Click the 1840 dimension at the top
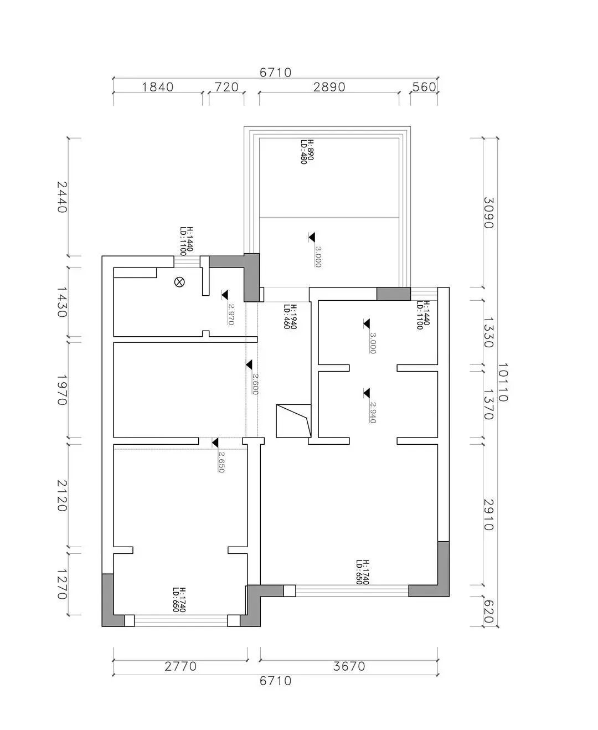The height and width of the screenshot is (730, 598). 158,87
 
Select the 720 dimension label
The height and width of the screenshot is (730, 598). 226,87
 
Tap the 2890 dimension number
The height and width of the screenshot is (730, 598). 329,87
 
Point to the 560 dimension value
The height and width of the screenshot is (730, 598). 424,87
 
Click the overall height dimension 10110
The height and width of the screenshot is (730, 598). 503,382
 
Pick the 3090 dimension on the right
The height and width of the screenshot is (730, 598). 488,213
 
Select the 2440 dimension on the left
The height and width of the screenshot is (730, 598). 61,197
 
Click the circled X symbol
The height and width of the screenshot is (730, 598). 179,282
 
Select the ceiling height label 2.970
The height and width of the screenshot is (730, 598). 231,314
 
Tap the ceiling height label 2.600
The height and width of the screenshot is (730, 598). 255,384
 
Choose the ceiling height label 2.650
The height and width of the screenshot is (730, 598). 221,461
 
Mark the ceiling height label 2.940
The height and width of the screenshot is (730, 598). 372,412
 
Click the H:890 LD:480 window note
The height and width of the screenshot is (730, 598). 307,152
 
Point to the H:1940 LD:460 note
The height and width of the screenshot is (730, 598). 290,316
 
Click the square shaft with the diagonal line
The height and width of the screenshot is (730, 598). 293,420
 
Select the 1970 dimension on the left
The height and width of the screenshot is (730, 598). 61,390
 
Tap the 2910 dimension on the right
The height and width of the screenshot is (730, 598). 488,515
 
